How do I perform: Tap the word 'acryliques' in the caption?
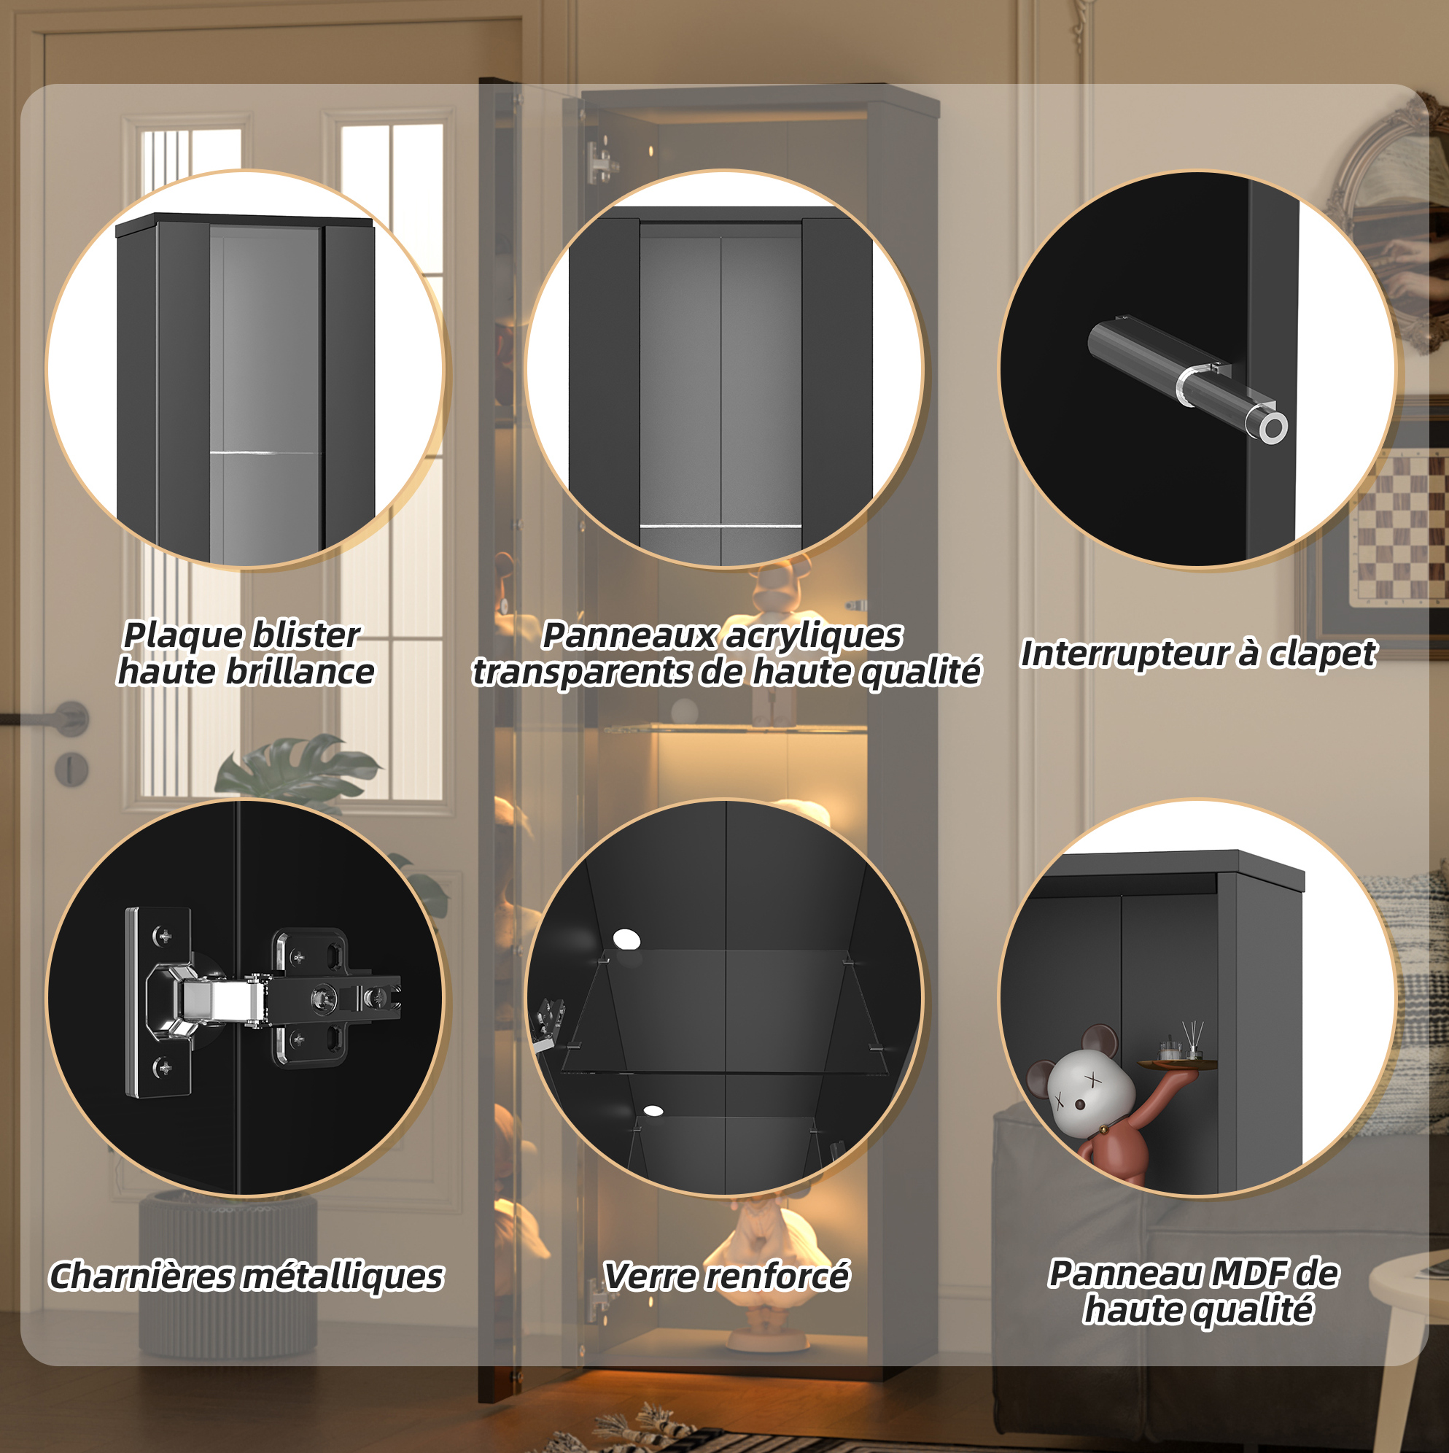click(x=812, y=636)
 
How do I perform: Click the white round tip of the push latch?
click(x=1273, y=429)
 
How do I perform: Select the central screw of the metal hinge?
click(x=324, y=998)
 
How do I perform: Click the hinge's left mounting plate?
click(x=158, y=1001)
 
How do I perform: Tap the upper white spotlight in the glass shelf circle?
click(x=626, y=939)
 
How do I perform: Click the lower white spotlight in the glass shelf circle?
click(x=653, y=1110)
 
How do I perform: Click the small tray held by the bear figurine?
click(x=1178, y=1063)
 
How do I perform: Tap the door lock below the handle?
click(x=72, y=770)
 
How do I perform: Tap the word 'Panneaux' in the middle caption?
click(x=629, y=635)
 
